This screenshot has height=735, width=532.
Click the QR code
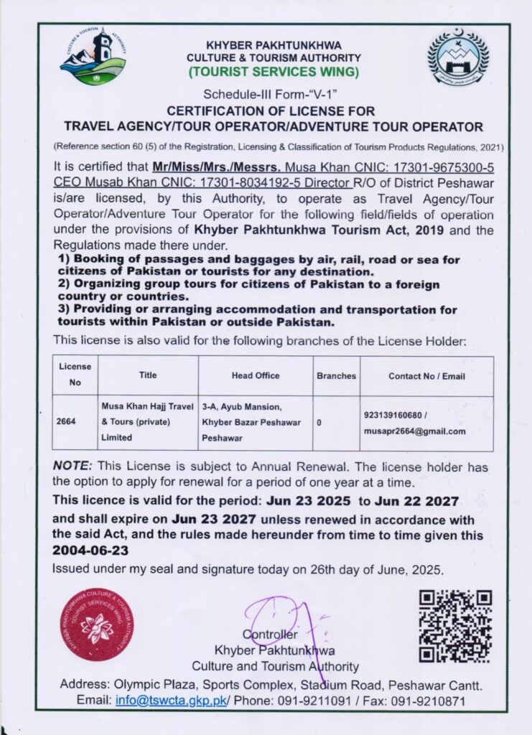(x=455, y=625)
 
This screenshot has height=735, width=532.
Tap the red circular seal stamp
(x=97, y=624)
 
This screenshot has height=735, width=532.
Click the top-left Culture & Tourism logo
(x=93, y=57)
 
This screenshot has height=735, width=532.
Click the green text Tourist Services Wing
(x=274, y=72)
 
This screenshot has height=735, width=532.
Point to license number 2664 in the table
(x=65, y=423)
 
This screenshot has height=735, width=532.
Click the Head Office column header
(x=256, y=375)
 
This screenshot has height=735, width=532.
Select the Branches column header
(x=336, y=375)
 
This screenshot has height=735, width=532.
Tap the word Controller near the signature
(x=269, y=635)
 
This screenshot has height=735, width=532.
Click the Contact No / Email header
(x=426, y=375)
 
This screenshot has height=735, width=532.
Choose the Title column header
(x=148, y=375)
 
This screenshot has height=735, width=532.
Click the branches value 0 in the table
(x=319, y=423)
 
